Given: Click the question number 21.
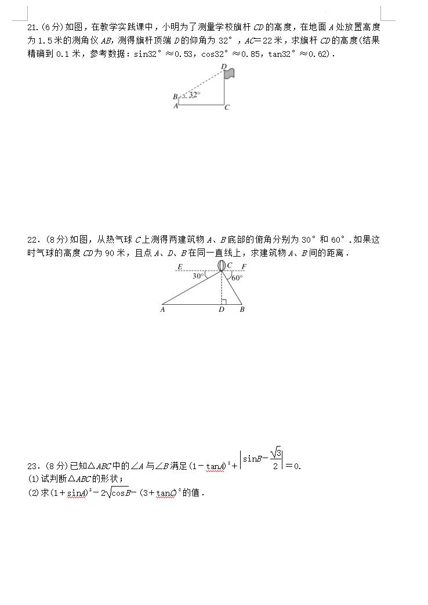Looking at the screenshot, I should pyautogui.click(x=33, y=27).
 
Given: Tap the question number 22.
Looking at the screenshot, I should pyautogui.click(x=33, y=239).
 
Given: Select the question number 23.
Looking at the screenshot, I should pyautogui.click(x=33, y=466).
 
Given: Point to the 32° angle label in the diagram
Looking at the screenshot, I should pyautogui.click(x=194, y=94).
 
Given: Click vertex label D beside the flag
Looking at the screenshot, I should pyautogui.click(x=223, y=66).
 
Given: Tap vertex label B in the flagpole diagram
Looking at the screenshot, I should pyautogui.click(x=175, y=96).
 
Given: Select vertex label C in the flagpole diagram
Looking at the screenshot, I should pyautogui.click(x=227, y=107).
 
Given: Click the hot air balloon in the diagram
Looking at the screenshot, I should pyautogui.click(x=221, y=265).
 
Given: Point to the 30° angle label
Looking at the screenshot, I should pyautogui.click(x=198, y=276).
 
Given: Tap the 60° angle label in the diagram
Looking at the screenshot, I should pyautogui.click(x=237, y=278).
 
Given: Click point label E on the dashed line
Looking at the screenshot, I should pyautogui.click(x=180, y=266).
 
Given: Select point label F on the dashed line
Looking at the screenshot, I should pyautogui.click(x=243, y=266).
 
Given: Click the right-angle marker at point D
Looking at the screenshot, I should pyautogui.click(x=223, y=301).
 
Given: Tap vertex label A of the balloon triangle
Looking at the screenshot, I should pyautogui.click(x=162, y=309).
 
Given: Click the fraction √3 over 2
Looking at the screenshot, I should pyautogui.click(x=276, y=459).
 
